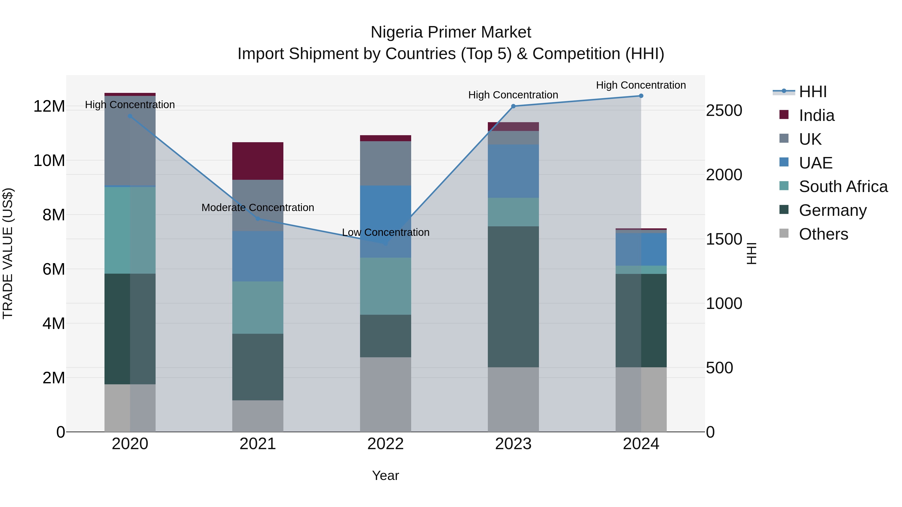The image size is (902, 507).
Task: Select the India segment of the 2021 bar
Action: click(258, 161)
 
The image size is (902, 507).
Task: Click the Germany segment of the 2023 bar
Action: click(513, 297)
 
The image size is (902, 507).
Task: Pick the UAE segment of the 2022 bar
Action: click(386, 222)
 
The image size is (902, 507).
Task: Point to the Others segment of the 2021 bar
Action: click(258, 416)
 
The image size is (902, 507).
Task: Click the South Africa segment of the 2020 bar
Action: click(130, 230)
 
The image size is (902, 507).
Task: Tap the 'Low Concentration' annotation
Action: click(386, 232)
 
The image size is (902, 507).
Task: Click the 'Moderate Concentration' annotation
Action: click(258, 208)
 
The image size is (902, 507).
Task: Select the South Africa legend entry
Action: click(843, 187)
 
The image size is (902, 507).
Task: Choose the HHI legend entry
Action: click(812, 92)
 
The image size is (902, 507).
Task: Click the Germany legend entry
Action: click(832, 210)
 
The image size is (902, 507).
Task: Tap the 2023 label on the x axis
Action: click(513, 444)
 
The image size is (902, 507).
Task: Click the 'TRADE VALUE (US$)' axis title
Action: click(8, 253)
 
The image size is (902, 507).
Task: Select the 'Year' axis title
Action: click(386, 475)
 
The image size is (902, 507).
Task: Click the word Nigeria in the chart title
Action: click(396, 32)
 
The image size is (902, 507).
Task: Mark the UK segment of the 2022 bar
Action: click(386, 163)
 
